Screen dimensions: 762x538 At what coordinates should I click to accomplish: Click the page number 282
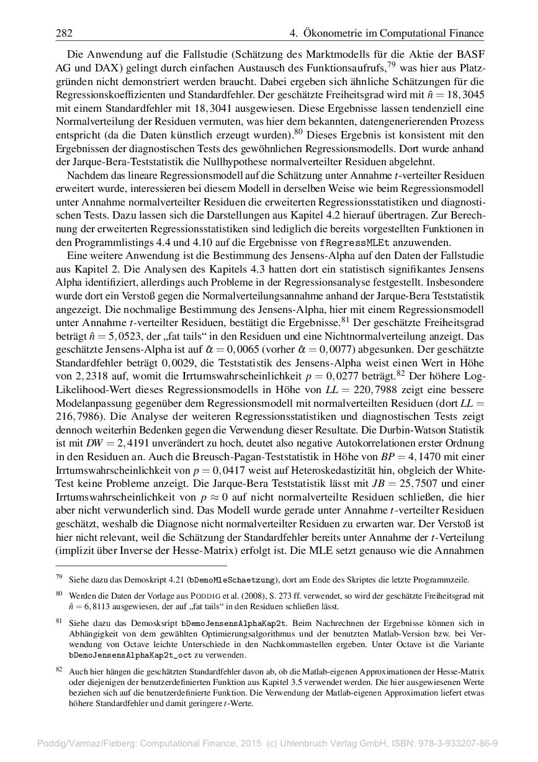pyautogui.click(x=65, y=33)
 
